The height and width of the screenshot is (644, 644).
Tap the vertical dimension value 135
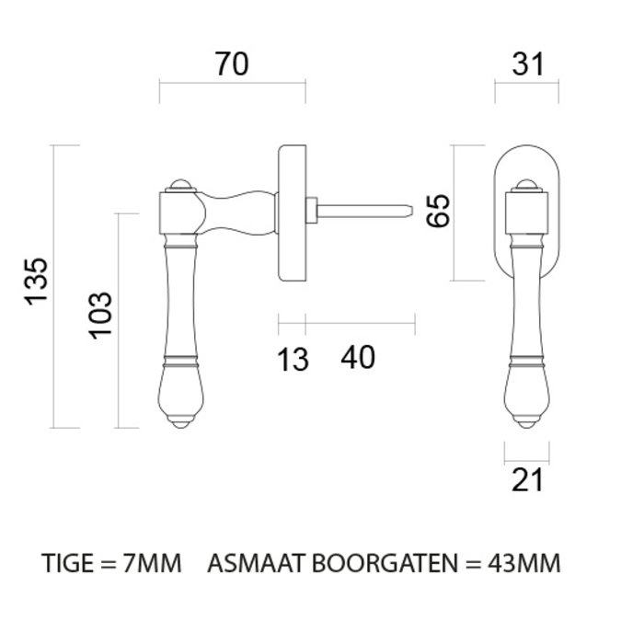[35, 287]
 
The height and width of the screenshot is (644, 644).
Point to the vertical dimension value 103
[100, 315]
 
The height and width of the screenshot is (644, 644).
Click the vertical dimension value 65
[438, 213]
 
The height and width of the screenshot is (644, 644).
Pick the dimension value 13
[293, 358]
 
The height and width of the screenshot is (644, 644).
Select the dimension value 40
[358, 357]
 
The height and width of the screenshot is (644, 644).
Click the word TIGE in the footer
[68, 562]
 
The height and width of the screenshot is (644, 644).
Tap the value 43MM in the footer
[528, 562]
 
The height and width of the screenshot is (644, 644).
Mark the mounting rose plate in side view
[291, 211]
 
